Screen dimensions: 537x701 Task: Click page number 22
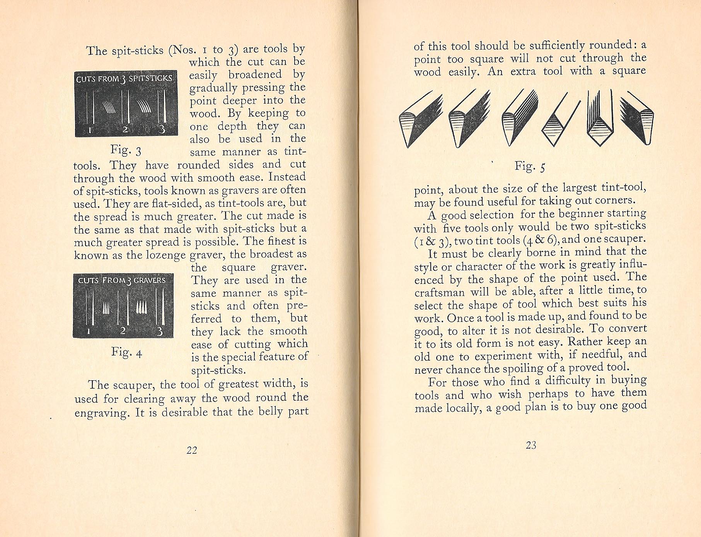click(192, 450)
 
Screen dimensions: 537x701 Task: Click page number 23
click(531, 445)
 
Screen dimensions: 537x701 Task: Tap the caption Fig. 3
click(126, 150)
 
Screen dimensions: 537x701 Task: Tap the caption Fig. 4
click(127, 352)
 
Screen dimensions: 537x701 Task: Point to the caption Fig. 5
click(530, 166)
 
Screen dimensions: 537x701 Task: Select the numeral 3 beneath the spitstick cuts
click(162, 128)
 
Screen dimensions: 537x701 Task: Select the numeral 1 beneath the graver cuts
click(89, 331)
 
